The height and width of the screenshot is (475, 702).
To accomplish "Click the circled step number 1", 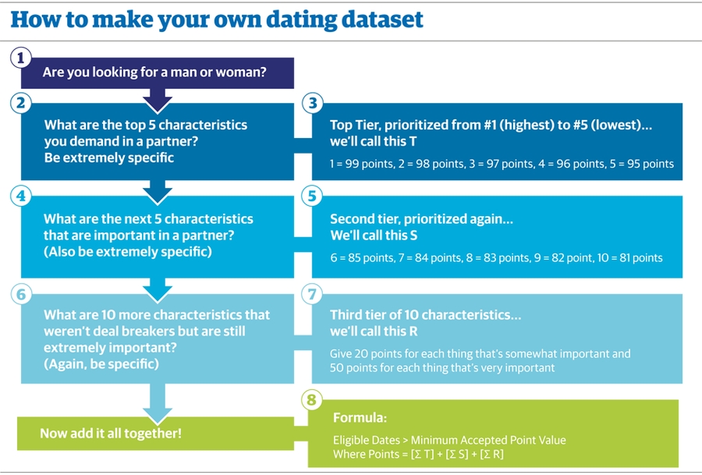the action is pyautogui.click(x=20, y=58).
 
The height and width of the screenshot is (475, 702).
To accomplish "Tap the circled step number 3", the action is pyautogui.click(x=313, y=103).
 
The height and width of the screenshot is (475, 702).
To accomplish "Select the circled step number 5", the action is pyautogui.click(x=312, y=196).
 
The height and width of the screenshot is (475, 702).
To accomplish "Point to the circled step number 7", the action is pyautogui.click(x=312, y=294).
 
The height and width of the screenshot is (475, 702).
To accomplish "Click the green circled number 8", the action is pyautogui.click(x=312, y=399).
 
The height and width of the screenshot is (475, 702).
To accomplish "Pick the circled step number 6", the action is pyautogui.click(x=21, y=294).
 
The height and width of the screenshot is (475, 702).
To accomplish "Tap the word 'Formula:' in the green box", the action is pyautogui.click(x=360, y=418).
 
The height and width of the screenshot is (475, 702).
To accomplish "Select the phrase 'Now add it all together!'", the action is pyautogui.click(x=111, y=434).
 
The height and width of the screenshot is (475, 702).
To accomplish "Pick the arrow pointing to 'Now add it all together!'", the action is pyautogui.click(x=157, y=403).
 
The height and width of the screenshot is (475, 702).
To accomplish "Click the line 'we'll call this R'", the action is pyautogui.click(x=374, y=331).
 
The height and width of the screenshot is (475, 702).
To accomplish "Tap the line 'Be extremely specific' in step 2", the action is pyautogui.click(x=108, y=158).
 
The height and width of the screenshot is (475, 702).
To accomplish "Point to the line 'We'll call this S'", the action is pyautogui.click(x=374, y=236).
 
